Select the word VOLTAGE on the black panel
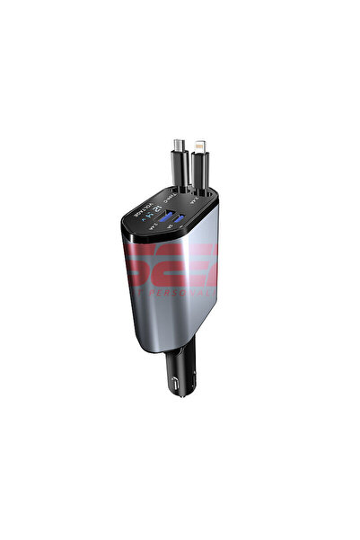(x=142, y=212)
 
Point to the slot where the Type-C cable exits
(x=180, y=191)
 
